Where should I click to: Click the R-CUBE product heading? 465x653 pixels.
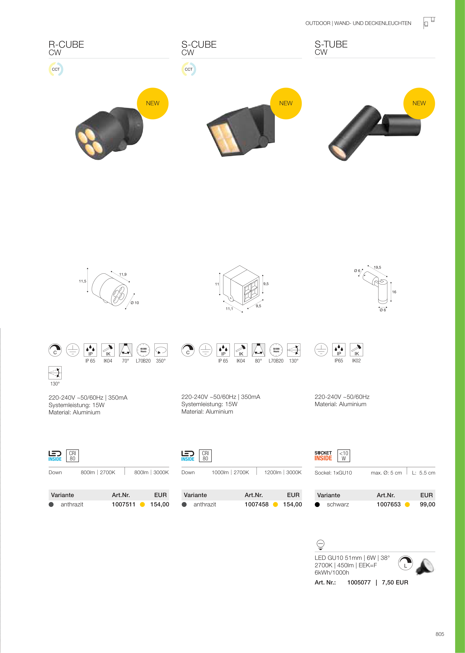(x=66, y=45)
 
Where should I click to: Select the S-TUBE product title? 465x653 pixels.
(x=331, y=44)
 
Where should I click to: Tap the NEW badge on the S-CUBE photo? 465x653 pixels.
(x=286, y=103)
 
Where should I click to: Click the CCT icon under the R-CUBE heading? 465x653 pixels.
(x=56, y=69)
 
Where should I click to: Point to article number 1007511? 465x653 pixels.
(x=123, y=504)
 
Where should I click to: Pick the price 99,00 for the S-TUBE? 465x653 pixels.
(x=427, y=504)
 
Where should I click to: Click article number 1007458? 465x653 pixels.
(x=257, y=504)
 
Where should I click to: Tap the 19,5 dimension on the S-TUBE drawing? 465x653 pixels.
(x=377, y=267)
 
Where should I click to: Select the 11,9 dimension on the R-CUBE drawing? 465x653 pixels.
(x=123, y=274)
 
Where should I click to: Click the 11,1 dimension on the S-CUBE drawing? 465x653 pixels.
(x=229, y=309)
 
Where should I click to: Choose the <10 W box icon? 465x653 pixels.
(x=344, y=456)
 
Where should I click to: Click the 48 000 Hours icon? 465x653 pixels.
(x=143, y=350)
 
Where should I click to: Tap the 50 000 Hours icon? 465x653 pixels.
(x=276, y=350)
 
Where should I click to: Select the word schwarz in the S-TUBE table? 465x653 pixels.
(x=338, y=505)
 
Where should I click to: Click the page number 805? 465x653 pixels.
(x=440, y=634)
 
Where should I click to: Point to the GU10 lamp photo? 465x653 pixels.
(x=425, y=567)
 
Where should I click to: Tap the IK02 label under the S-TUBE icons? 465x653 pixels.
(x=356, y=361)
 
